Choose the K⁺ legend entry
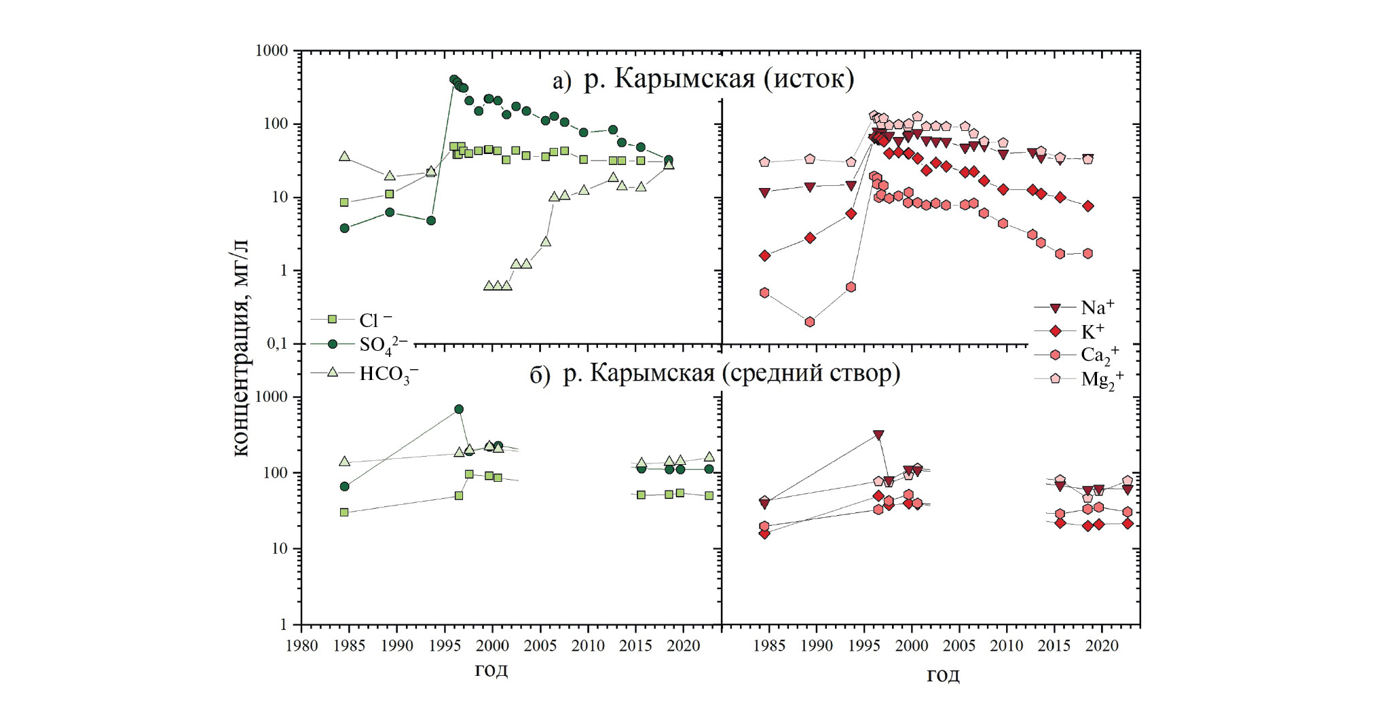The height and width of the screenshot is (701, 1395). (x=1092, y=331)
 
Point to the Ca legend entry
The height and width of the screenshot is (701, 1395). (x=1099, y=354)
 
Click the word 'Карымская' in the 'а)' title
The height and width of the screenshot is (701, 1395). (x=685, y=79)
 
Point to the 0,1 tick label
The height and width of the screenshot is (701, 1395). (x=277, y=344)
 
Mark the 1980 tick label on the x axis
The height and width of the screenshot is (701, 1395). (x=301, y=645)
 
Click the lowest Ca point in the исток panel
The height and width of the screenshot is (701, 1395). (x=810, y=322)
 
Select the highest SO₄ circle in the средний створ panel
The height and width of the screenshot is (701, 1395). (x=459, y=409)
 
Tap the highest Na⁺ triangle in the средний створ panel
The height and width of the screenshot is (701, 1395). (x=878, y=435)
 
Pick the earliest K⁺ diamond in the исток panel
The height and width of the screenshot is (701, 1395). (x=765, y=256)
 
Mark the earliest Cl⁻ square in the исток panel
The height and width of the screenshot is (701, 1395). (x=344, y=202)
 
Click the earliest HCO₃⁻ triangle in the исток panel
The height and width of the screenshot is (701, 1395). (x=344, y=157)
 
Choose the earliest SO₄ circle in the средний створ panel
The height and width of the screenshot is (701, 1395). (x=344, y=487)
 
